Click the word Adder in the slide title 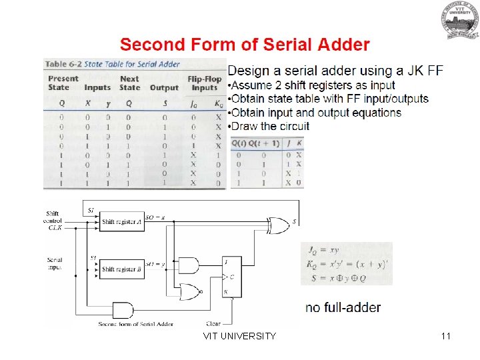click(x=341, y=45)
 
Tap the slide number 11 click(x=446, y=336)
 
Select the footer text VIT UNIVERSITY click(x=239, y=336)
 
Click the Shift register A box click(x=122, y=221)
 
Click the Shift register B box click(x=122, y=269)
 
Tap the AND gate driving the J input click(x=189, y=265)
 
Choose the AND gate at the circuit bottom click(x=123, y=309)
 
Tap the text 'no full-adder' click(x=343, y=307)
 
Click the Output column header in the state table click(x=164, y=87)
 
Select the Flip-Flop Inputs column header click(x=203, y=83)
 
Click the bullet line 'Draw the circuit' click(x=269, y=126)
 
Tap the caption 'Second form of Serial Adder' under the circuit click(x=136, y=324)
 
